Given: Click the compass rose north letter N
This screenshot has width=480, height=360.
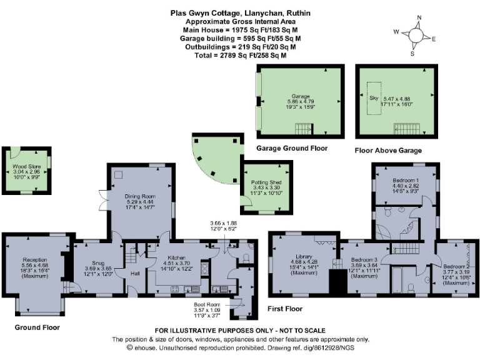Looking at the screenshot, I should pos(419,17).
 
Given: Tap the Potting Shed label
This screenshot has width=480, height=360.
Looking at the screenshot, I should pos(267,181).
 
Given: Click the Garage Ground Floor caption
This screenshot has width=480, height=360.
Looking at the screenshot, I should pos(291,149).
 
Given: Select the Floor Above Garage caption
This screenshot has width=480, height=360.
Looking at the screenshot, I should pos(388,151).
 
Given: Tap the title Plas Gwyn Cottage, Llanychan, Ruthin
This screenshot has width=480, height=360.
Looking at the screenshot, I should pos(239,12).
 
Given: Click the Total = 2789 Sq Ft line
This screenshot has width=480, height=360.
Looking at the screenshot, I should pos(239,55).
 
